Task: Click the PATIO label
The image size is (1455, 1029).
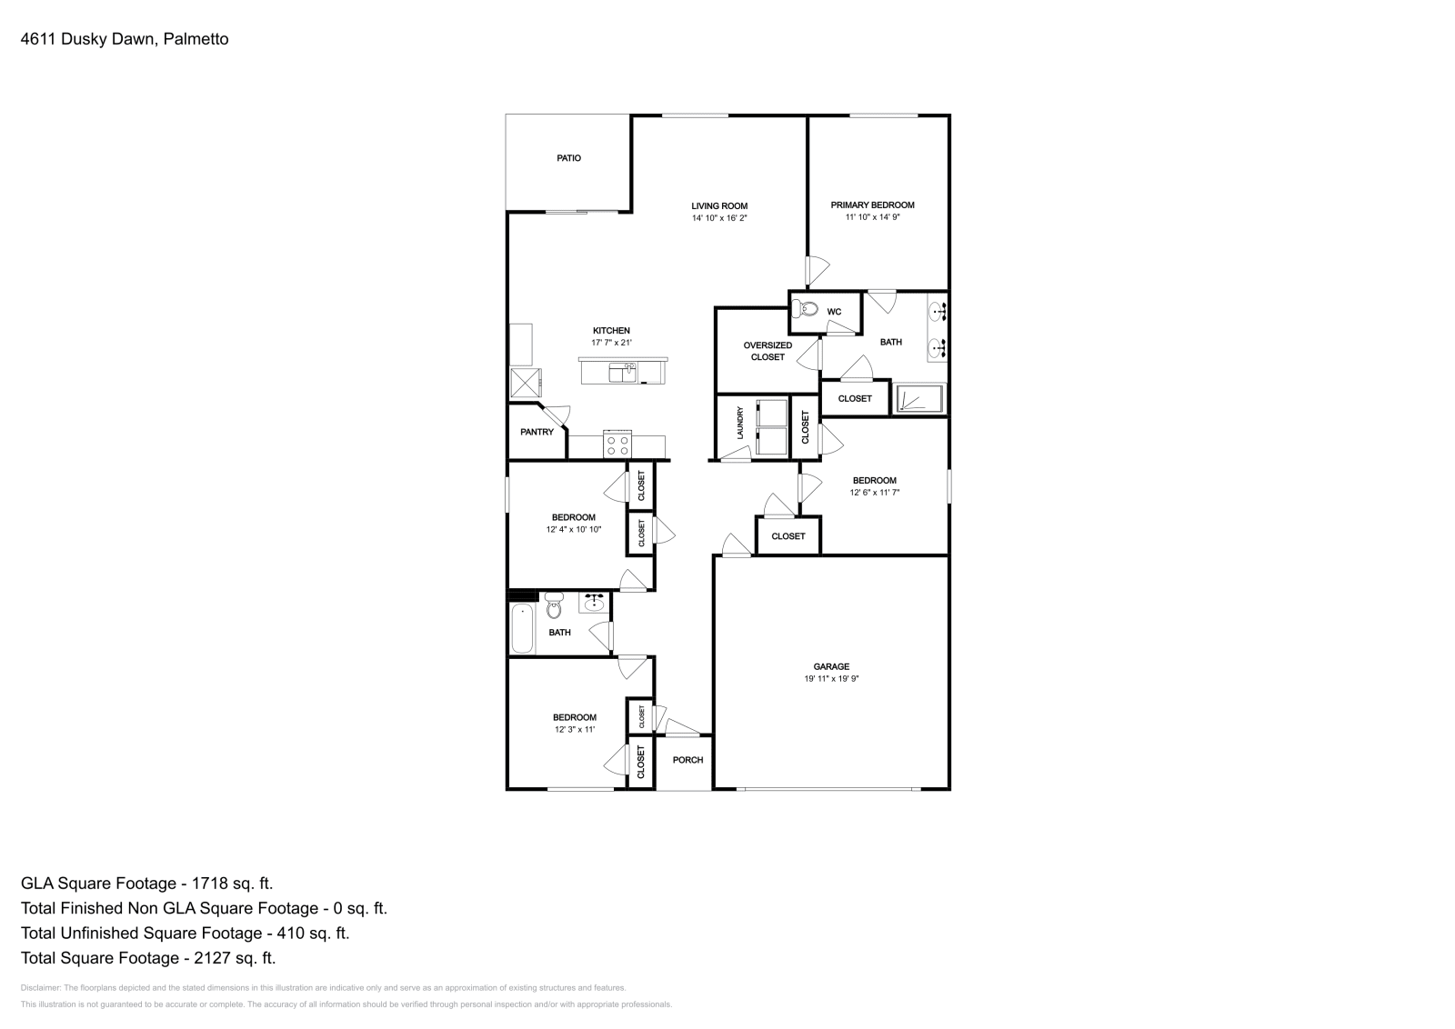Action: [568, 158]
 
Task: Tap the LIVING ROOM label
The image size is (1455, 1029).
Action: [719, 205]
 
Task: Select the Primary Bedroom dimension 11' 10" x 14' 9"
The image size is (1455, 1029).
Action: [872, 217]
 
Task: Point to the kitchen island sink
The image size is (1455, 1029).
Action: [622, 373]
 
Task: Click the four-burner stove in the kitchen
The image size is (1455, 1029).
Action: [617, 445]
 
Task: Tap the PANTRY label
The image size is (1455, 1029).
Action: [537, 432]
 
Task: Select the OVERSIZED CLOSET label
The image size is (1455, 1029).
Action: [768, 351]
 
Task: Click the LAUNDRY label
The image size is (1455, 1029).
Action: [740, 424]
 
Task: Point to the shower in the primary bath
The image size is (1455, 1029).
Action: [919, 398]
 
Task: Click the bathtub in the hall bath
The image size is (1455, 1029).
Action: [522, 628]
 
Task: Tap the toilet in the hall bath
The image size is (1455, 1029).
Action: [554, 605]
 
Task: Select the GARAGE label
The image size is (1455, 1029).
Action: [831, 666]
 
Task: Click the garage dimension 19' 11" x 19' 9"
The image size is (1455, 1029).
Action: [831, 678]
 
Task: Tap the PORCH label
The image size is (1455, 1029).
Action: [687, 760]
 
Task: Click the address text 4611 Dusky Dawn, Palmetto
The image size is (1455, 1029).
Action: [125, 39]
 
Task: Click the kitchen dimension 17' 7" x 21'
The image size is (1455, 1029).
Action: [611, 342]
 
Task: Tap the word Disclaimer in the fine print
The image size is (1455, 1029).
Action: [40, 988]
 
